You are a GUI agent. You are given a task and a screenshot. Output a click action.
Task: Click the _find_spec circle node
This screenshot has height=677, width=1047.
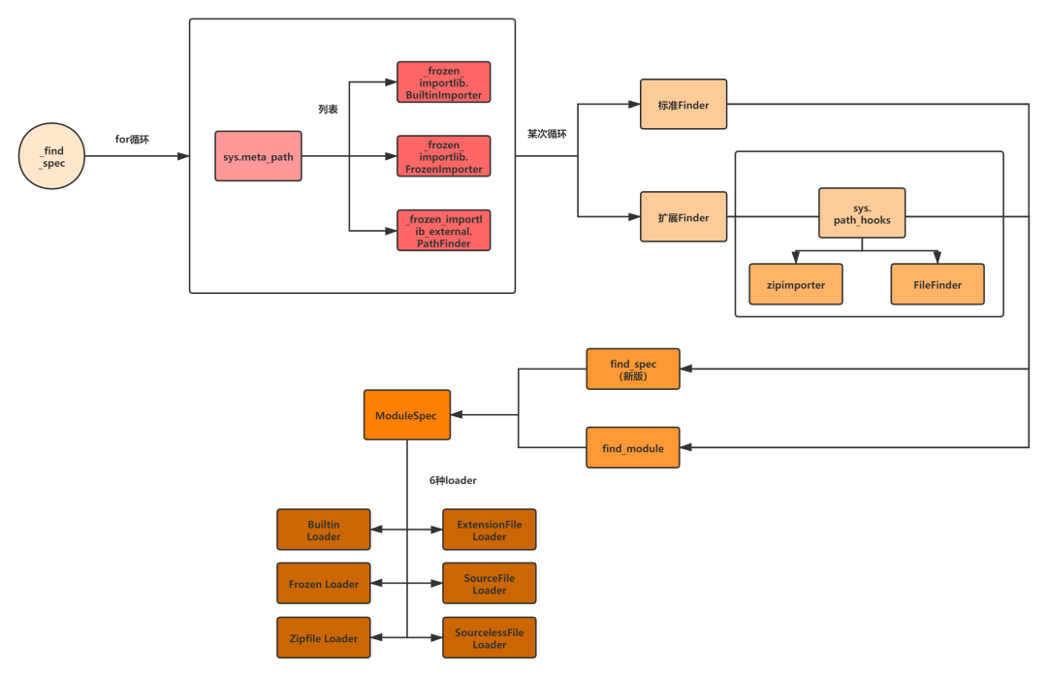pos(52,157)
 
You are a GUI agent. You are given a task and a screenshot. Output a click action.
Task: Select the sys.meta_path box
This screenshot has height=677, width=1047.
pos(258,156)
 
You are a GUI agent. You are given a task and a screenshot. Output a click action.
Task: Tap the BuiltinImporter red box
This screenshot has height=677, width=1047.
pos(444,82)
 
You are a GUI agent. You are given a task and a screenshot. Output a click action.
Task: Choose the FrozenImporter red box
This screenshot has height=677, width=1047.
pos(444,156)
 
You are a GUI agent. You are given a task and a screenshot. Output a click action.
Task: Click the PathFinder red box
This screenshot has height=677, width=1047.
pos(444,230)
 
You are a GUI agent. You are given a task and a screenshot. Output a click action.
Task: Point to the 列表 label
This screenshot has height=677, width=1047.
pos(328,110)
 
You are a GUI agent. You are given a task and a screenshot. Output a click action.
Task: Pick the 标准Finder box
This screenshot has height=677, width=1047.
pos(683,105)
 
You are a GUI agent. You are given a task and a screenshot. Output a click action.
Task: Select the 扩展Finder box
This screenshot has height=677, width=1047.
pos(683,218)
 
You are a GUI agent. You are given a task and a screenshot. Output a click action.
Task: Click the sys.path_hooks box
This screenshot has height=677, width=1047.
pos(862,214)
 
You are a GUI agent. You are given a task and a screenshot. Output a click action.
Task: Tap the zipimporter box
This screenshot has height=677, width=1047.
pos(796,285)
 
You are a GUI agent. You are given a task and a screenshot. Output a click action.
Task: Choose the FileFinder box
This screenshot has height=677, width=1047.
pos(937,285)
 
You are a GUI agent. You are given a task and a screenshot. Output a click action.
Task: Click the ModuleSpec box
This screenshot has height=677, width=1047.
pos(406,415)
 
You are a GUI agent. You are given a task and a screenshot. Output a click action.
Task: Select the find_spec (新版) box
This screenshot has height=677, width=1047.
pos(633,370)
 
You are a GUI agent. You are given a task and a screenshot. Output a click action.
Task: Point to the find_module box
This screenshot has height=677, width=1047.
pos(633,448)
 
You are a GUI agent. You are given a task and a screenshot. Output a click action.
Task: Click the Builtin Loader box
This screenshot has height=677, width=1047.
pos(324,531)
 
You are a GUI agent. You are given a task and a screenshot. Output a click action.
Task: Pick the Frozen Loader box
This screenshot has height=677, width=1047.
pos(324,584)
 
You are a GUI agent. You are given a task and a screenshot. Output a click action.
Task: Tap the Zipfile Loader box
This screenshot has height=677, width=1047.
pos(324,638)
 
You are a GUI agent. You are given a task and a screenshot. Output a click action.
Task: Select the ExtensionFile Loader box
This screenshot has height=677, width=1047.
pos(490,531)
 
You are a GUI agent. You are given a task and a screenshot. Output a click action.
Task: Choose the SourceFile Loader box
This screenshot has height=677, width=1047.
pos(490,584)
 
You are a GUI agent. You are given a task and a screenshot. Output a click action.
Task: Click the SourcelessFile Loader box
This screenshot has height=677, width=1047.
pos(490,638)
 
